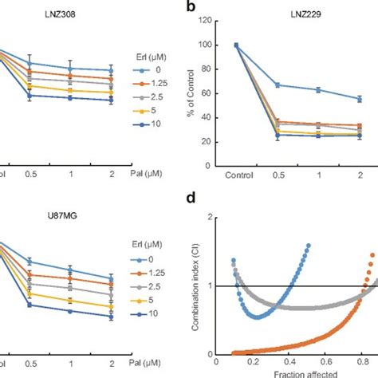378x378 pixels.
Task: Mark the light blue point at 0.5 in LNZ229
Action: point(277,85)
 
